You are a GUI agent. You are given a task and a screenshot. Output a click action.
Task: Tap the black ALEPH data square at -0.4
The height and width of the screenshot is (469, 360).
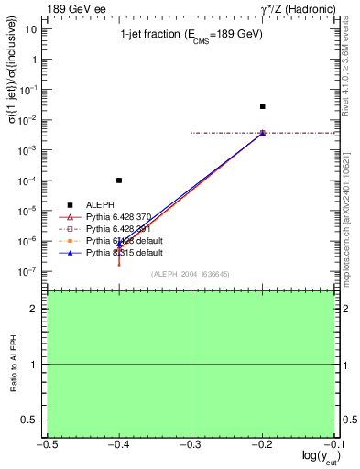[119, 180]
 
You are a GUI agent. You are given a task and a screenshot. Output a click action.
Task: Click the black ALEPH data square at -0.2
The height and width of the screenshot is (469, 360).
[262, 106]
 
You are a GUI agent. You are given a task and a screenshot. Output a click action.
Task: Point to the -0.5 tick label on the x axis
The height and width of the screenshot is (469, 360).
[46, 443]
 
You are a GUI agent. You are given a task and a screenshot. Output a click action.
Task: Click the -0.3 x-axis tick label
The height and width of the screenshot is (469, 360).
[190, 443]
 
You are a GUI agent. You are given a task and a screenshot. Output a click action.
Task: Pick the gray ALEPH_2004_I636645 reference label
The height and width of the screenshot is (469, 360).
[190, 274]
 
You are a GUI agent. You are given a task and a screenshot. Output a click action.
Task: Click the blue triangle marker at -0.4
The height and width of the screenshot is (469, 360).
[119, 245]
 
